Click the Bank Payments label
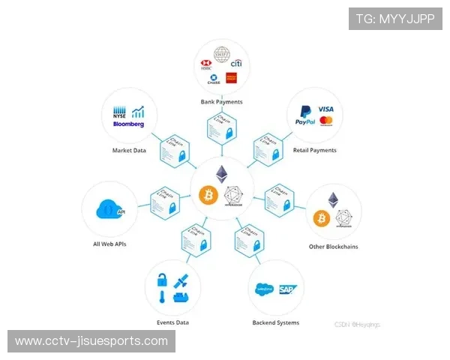(221, 101)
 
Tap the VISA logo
(325, 109)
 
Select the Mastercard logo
(326, 121)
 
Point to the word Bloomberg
(128, 124)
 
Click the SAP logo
(286, 289)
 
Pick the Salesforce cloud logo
(265, 289)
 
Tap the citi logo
(235, 64)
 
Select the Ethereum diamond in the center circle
(222, 174)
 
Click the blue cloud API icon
(109, 209)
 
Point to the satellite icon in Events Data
(181, 281)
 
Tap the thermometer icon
(161, 298)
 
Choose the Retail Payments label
(315, 150)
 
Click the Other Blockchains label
(333, 247)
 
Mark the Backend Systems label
(275, 322)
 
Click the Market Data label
(129, 151)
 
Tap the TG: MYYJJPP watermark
(394, 19)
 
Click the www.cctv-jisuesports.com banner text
(91, 341)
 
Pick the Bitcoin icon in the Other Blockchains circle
(322, 218)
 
